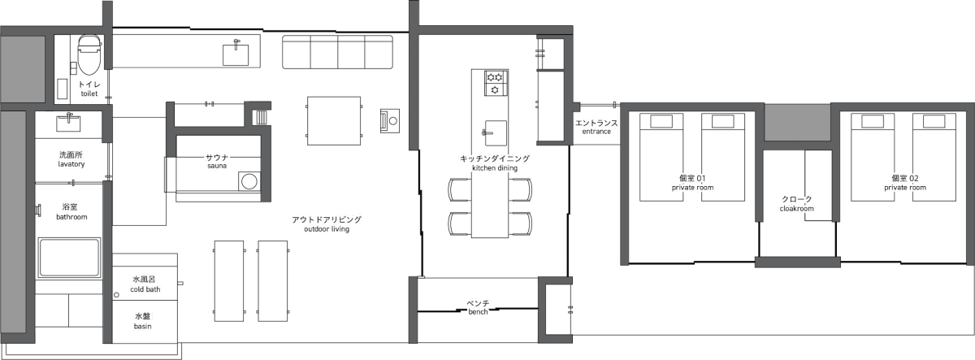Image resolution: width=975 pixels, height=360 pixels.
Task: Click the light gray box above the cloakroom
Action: (x=798, y=122)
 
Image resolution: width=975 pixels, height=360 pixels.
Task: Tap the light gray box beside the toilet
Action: (x=22, y=69)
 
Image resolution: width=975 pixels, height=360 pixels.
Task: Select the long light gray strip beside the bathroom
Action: (x=13, y=223)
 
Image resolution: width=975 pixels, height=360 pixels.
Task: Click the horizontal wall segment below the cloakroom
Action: (x=797, y=262)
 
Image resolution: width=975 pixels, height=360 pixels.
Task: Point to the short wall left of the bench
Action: (x=413, y=310)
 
